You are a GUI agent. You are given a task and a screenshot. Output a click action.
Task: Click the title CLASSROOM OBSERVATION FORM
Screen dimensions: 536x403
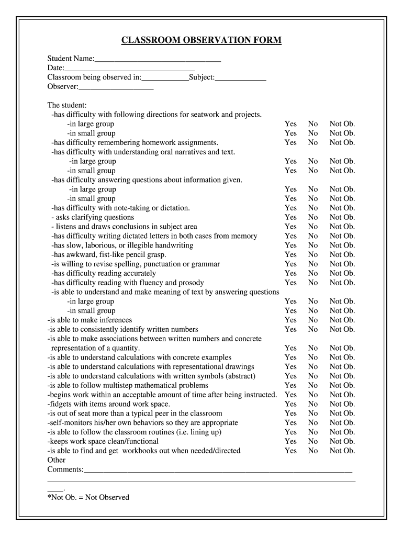pos(201,40)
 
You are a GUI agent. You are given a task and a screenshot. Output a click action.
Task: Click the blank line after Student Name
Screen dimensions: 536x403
pos(158,59)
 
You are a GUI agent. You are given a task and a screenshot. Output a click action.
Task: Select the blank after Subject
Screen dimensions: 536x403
pos(240,77)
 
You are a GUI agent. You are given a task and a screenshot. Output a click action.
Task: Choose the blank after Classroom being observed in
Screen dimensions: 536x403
pos(165,77)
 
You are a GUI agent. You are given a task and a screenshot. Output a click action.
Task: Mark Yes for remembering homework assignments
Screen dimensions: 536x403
pos(290,142)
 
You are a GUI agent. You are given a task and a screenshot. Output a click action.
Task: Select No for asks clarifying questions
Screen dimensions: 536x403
pos(312,217)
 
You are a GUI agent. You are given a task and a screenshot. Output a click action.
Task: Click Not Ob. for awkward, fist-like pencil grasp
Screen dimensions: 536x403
pos(342,254)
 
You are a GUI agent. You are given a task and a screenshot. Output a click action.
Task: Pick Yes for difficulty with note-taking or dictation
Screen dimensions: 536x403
pos(290,208)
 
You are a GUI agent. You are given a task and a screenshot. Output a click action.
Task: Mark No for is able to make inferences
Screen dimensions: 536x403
pos(312,320)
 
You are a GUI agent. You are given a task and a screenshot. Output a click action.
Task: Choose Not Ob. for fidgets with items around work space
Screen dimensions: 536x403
pos(342,404)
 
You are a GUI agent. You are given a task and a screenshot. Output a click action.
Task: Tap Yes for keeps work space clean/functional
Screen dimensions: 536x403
pos(290,441)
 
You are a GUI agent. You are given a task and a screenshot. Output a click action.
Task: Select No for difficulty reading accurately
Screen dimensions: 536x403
pos(312,273)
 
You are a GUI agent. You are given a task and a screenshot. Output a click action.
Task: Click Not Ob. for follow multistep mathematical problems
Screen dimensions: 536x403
pos(342,385)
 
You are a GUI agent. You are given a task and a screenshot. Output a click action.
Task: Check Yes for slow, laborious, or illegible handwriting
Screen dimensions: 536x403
pos(290,245)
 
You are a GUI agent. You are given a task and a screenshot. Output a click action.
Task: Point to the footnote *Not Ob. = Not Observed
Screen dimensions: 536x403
pos(88,497)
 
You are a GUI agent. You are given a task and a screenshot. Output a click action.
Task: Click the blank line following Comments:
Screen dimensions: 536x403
pos(218,470)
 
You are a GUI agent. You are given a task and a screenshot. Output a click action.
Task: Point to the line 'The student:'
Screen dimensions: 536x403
pos(67,105)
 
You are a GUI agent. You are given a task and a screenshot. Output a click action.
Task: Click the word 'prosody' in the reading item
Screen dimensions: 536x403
pos(191,283)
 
